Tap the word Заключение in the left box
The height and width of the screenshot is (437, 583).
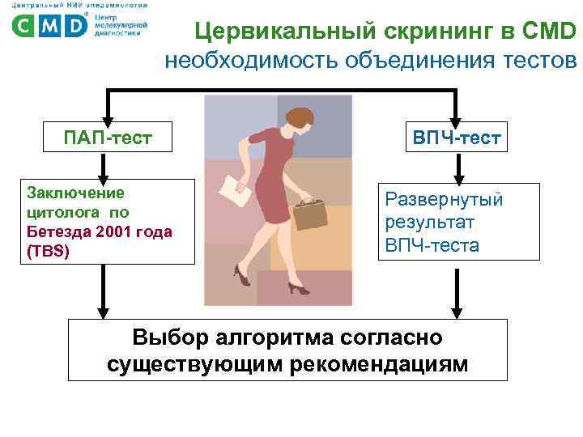point(75,193)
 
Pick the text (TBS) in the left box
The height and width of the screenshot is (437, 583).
point(49,251)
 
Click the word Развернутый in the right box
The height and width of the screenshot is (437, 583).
point(444,198)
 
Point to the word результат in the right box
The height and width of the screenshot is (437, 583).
point(430,222)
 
